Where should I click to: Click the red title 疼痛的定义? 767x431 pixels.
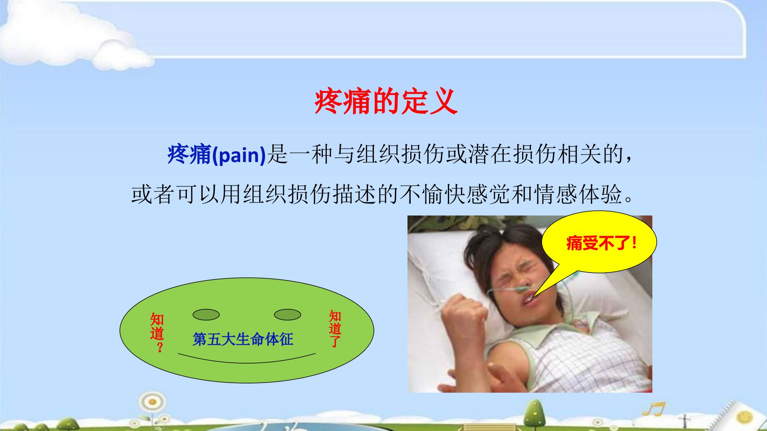point(385,101)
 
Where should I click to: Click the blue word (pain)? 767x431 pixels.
point(239,155)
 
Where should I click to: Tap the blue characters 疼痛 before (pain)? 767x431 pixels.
point(189,154)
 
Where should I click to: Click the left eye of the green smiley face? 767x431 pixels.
point(206,314)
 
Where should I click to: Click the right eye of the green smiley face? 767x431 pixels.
point(288,314)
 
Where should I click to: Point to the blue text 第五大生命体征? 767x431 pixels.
point(243,339)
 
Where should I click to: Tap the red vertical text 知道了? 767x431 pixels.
point(335,329)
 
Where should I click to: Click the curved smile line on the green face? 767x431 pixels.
point(246,362)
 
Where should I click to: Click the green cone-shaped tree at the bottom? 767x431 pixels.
point(535,415)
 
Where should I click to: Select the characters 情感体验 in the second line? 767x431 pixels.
point(578,194)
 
